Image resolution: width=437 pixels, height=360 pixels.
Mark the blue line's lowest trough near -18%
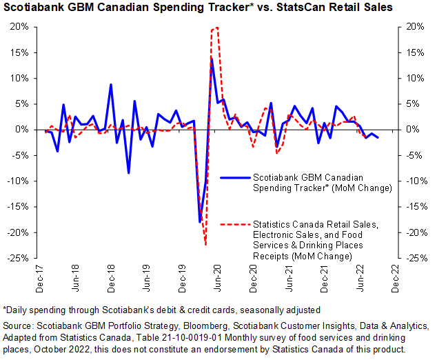pos(200,222)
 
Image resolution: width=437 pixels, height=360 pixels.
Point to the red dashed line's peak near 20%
pos(216,28)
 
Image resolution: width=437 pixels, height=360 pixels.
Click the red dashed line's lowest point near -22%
pos(205,244)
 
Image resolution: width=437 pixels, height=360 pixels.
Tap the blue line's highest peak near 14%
pos(212,57)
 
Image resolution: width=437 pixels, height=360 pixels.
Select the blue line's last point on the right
pos(378,138)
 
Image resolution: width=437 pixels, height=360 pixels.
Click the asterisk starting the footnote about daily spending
pos(6,308)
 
